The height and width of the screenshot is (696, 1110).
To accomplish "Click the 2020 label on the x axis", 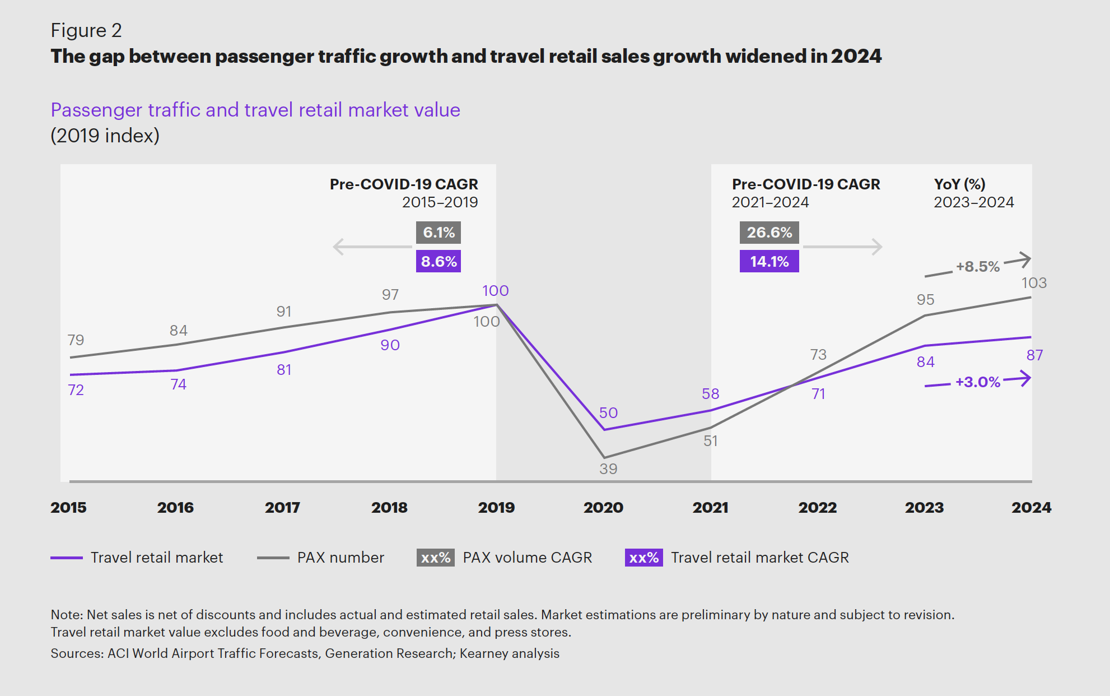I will click(x=603, y=508).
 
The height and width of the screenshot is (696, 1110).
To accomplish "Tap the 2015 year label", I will click(x=68, y=508).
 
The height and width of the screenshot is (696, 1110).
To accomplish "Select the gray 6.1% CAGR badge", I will click(x=439, y=233).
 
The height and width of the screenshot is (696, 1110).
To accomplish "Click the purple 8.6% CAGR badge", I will click(x=439, y=261).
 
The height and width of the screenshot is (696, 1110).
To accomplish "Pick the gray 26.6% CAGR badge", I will click(x=769, y=233).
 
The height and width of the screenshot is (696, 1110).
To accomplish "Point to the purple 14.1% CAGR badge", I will click(x=769, y=261).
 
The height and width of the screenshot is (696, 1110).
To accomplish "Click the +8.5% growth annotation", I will click(x=977, y=267).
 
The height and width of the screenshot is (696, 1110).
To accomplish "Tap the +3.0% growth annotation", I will click(x=977, y=382).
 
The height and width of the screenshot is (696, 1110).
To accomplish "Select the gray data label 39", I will click(x=608, y=469).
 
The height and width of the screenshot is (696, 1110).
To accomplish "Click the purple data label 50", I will click(x=608, y=413).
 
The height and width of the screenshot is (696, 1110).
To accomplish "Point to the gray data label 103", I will click(x=1034, y=283).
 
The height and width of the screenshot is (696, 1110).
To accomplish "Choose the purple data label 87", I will click(x=1034, y=355).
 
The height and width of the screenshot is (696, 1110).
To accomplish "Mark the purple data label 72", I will click(x=76, y=390).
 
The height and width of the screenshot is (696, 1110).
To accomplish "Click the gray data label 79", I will click(x=76, y=340).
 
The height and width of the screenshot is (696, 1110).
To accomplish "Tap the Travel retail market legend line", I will click(x=67, y=558).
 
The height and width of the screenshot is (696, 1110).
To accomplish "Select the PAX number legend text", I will click(x=341, y=558).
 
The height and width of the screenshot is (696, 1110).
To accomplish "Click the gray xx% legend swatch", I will click(x=435, y=558).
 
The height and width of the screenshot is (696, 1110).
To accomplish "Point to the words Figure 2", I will click(x=86, y=30).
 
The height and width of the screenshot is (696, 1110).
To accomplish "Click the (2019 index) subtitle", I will click(x=105, y=136).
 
